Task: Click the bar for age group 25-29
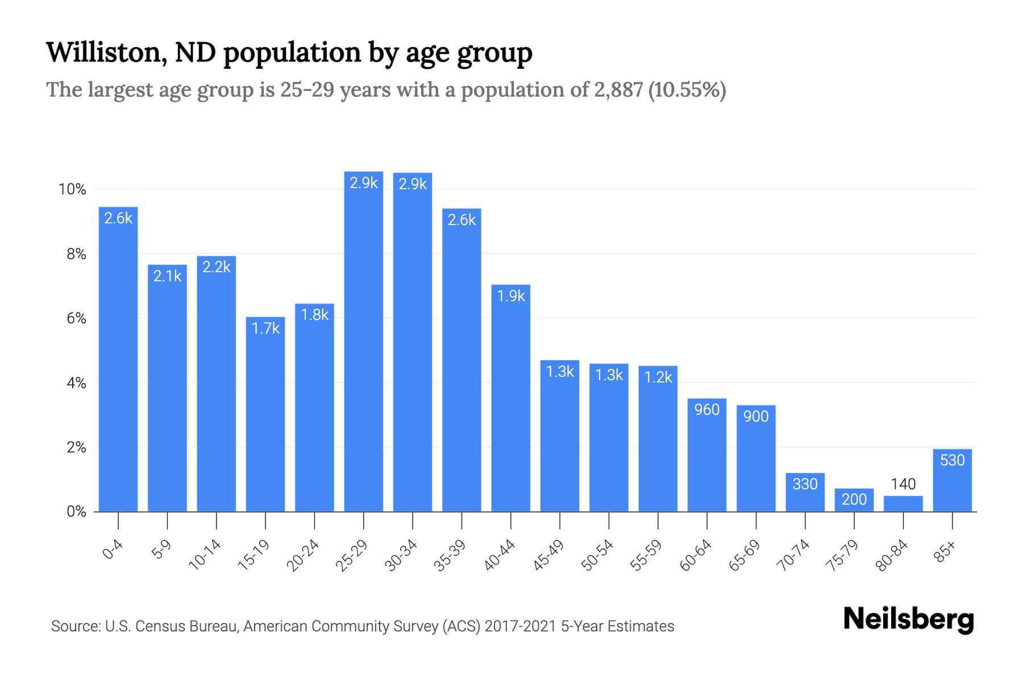click(x=364, y=341)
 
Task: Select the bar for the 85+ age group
click(x=953, y=480)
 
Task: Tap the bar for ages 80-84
click(x=903, y=504)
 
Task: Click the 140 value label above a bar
click(x=903, y=484)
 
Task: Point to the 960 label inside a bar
click(x=707, y=409)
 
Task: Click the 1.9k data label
click(x=511, y=296)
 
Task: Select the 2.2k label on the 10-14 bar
click(x=217, y=267)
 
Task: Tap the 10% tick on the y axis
click(x=72, y=189)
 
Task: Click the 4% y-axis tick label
click(x=76, y=383)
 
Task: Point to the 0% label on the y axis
click(x=76, y=511)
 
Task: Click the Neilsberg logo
click(x=908, y=619)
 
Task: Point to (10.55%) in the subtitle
click(x=687, y=90)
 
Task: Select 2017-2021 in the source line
click(x=520, y=626)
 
